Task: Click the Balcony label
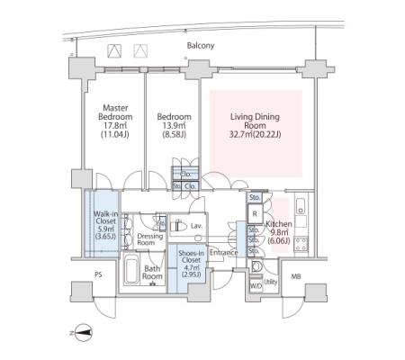coord(201,46)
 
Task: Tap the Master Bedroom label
coord(115,112)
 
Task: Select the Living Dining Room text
coord(255,121)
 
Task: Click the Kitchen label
coord(279,224)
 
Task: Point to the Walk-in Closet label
coord(105,218)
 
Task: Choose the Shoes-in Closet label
coord(191,256)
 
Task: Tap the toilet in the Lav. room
coord(178,225)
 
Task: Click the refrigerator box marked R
coord(255,214)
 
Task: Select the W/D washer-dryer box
coord(256,286)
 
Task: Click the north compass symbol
coord(83,333)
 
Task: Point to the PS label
coord(98,274)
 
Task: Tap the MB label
coord(296,276)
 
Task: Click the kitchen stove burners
coord(301,244)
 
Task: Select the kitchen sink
coord(301,206)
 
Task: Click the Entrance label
coord(223,253)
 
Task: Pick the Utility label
coord(271,282)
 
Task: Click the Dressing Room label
coord(150,239)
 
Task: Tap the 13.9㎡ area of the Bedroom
coord(175,125)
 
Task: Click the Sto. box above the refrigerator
coord(255,197)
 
